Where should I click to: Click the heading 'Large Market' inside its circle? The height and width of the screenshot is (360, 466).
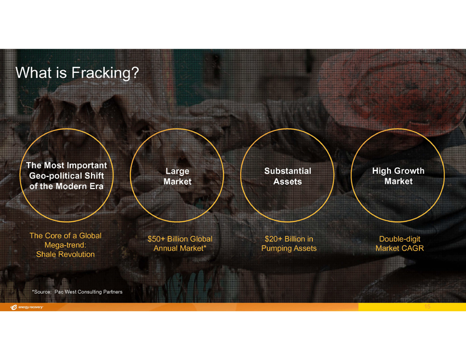click(178, 176)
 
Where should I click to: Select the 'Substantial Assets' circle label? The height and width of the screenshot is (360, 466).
click(288, 176)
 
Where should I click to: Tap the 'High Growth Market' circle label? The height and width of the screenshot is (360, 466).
click(398, 176)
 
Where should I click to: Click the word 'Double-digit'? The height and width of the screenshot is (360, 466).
click(400, 239)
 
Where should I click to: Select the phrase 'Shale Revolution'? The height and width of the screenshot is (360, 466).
click(65, 254)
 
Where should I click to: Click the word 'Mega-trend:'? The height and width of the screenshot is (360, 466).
click(65, 245)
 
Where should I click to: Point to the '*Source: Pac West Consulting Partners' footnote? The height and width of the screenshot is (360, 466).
click(77, 292)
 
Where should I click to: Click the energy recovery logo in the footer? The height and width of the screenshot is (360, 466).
click(27, 307)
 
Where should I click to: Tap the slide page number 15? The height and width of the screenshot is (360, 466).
click(428, 306)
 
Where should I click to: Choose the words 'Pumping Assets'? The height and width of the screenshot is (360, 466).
click(289, 248)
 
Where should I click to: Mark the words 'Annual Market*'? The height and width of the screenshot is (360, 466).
click(180, 248)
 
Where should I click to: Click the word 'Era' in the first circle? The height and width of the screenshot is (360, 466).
click(96, 186)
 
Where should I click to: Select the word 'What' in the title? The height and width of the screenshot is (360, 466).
click(33, 73)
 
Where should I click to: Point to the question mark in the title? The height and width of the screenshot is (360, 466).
click(135, 72)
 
